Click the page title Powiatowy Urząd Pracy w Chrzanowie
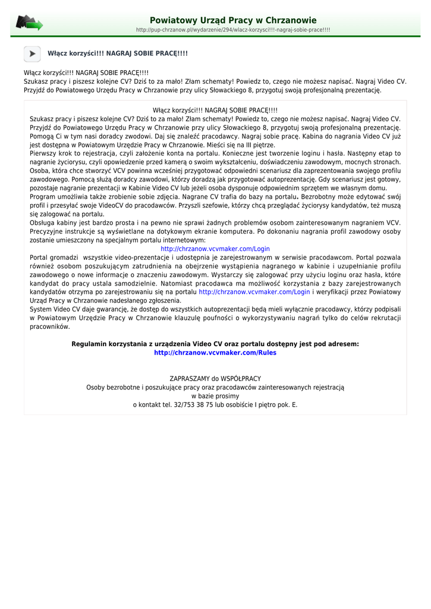(233, 20)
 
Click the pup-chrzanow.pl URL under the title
(233, 30)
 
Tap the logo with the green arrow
(29, 23)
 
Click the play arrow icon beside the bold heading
(32, 54)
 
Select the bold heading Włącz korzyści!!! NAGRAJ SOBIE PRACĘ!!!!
(118, 54)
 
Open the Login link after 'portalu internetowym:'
(215, 249)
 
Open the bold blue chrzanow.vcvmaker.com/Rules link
(215, 353)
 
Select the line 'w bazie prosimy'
(215, 395)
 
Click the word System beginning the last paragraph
(41, 309)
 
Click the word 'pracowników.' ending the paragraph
(50, 327)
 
